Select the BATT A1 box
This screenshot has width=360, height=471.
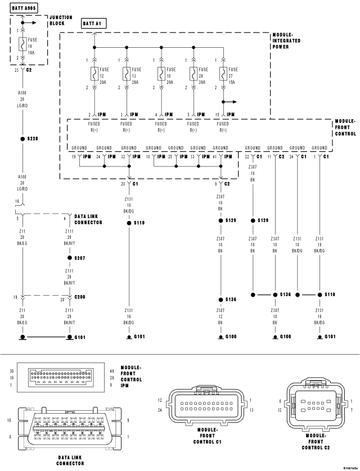coord(94,23)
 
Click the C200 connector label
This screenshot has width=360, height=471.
coord(81,298)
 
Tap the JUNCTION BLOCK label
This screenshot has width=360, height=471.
coord(61,21)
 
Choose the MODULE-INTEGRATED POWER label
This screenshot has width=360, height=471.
coord(286,40)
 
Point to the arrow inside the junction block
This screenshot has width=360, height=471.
coord(32,23)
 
